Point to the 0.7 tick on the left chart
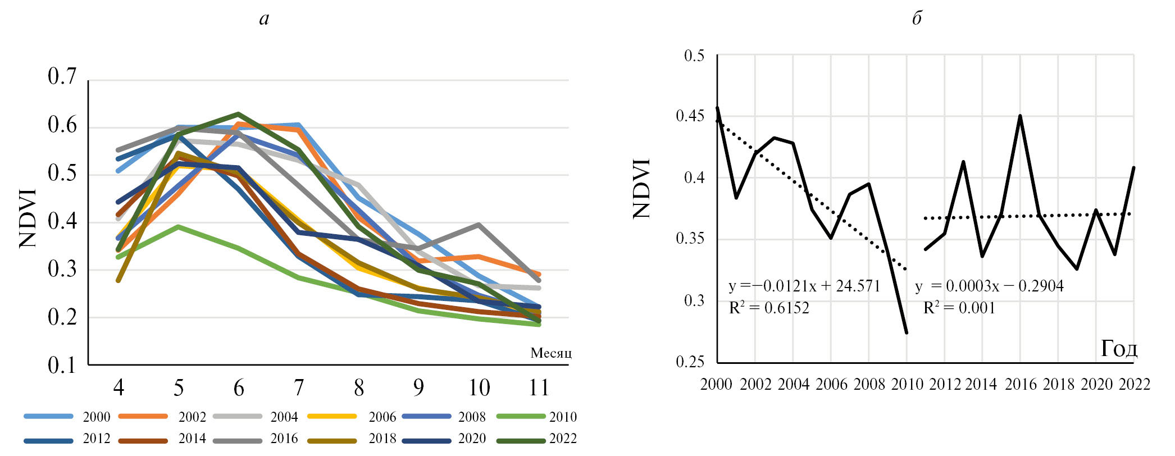pos(62,76)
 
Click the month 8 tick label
pos(359,388)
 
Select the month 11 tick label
pos(539,388)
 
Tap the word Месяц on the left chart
pos(551,353)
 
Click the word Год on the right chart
pos(1119,349)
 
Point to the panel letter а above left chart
pos(264,19)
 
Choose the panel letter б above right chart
pos(917,19)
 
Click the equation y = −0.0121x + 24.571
pos(804,286)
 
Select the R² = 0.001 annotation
pos(959,308)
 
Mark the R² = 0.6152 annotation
pos(769,308)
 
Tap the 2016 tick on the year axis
pos(1020,384)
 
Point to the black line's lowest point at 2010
pos(907,333)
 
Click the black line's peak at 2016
pos(1020,116)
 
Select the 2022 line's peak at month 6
pos(238,114)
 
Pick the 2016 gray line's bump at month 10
pos(479,225)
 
